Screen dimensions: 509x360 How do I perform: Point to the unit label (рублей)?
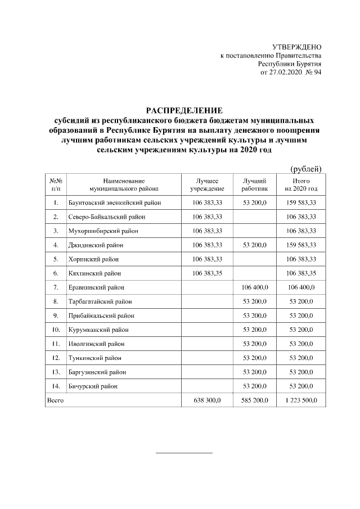pos(305,168)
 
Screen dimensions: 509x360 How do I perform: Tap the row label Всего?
pos(55,400)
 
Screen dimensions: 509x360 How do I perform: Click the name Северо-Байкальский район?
pos(107,216)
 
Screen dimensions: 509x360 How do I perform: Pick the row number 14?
pos(56,386)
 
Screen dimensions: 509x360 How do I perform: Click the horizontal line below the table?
pos(184,452)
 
